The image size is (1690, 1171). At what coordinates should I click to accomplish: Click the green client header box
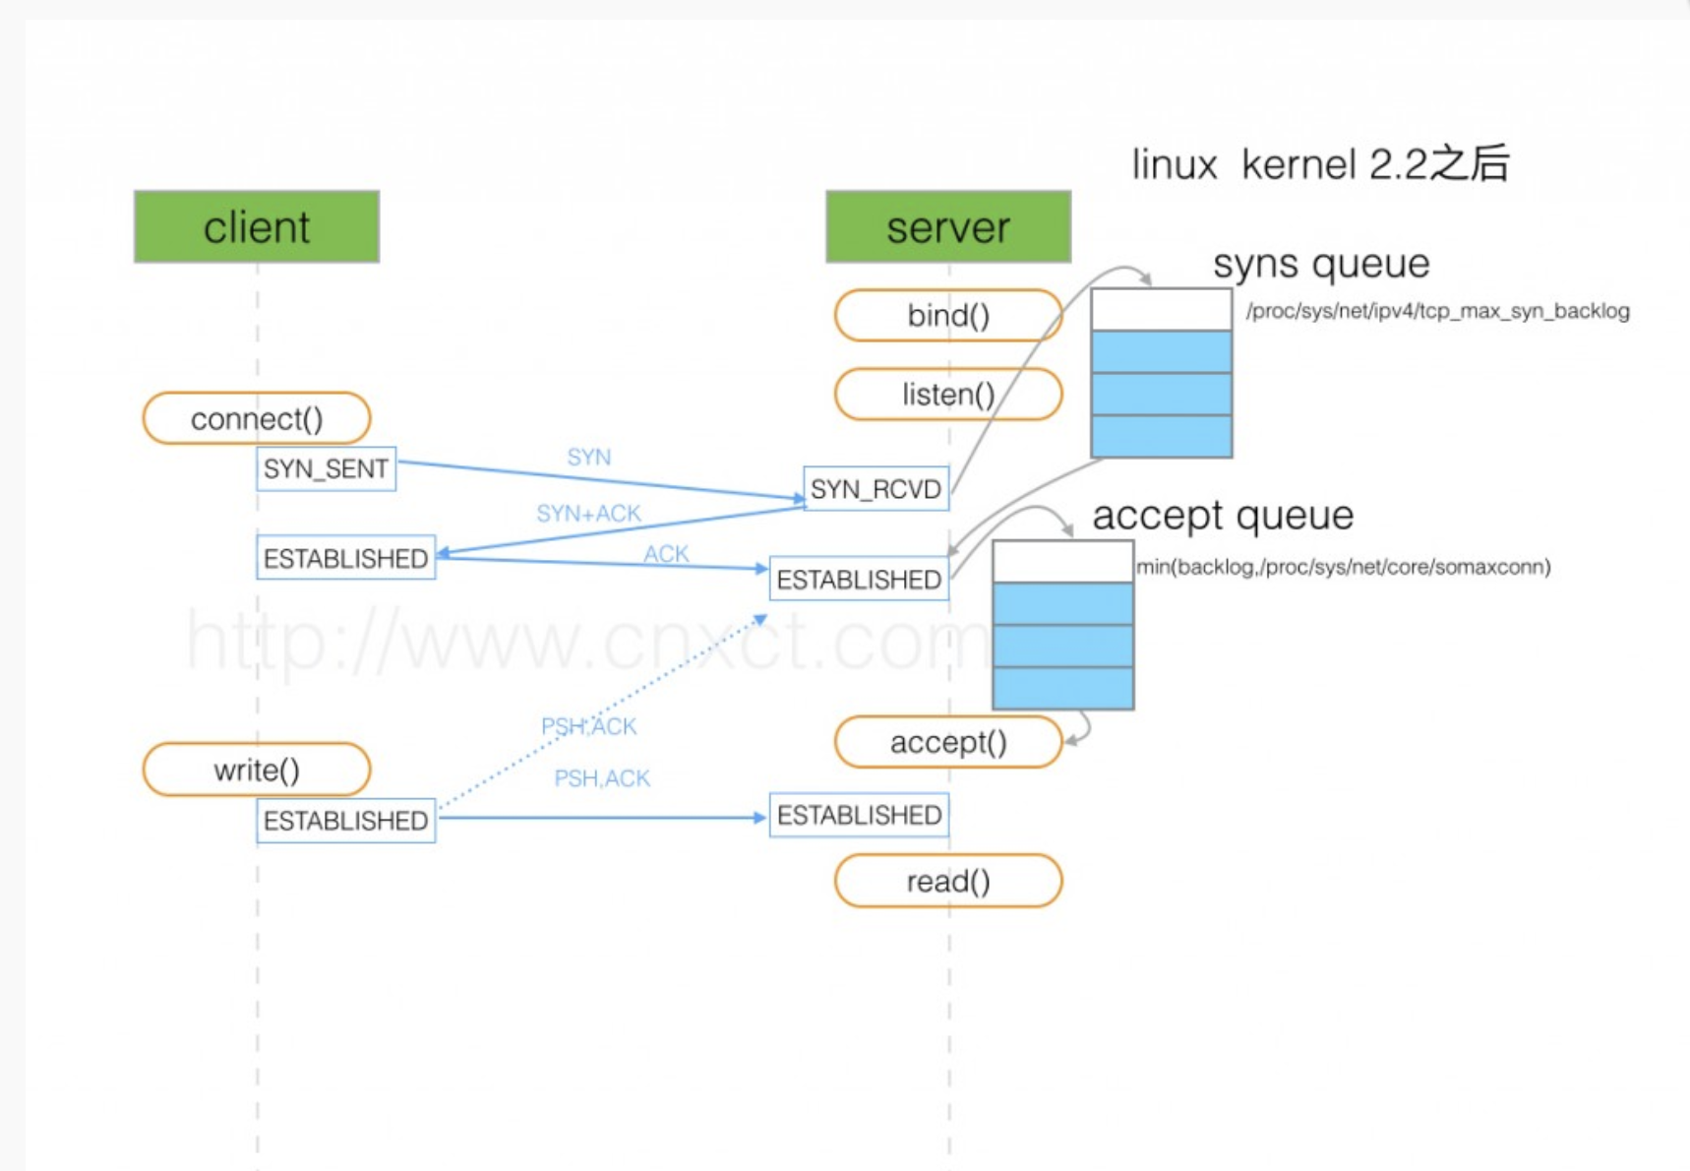[x=257, y=226]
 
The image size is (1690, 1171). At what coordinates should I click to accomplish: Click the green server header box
[x=948, y=226]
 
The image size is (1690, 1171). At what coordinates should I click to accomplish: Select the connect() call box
[x=257, y=418]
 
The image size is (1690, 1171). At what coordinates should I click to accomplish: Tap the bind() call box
[x=948, y=315]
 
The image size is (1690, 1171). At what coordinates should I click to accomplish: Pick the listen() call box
[x=948, y=394]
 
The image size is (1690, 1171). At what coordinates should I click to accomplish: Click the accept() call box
[x=948, y=742]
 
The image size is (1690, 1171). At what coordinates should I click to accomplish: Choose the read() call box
[x=948, y=881]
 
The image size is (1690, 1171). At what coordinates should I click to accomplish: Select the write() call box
[x=257, y=770]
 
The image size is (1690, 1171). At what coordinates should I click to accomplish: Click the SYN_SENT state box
[x=326, y=468]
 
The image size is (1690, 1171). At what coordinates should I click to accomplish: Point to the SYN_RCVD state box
[x=876, y=488]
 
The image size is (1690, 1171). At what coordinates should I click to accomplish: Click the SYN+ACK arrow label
[x=588, y=513]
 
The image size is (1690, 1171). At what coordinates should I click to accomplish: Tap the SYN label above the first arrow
[x=588, y=457]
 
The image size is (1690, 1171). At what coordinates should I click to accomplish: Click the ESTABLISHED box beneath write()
[x=345, y=821]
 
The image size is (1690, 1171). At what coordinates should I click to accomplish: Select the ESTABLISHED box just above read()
[x=859, y=815]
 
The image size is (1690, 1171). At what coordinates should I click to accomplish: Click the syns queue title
[x=1321, y=264]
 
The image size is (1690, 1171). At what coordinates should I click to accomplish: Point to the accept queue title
[x=1223, y=516]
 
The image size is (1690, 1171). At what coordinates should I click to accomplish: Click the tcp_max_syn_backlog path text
[x=1437, y=311]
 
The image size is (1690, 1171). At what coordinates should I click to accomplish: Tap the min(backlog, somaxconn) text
[x=1344, y=567]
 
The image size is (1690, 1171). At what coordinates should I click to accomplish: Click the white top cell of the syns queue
[x=1161, y=309]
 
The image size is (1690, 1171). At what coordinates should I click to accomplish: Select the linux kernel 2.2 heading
[x=1320, y=163]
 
